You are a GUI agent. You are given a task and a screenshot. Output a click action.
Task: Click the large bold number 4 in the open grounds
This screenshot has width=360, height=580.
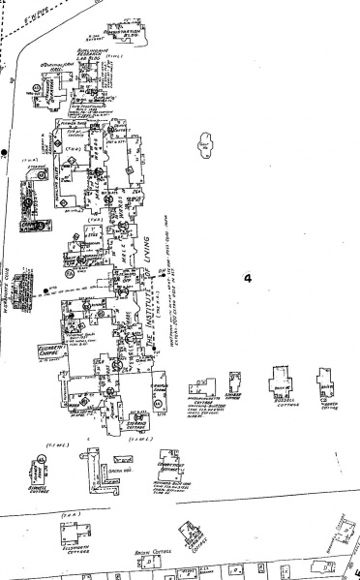[248, 278]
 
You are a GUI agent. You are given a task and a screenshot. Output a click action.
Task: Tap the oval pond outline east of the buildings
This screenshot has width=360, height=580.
[204, 144]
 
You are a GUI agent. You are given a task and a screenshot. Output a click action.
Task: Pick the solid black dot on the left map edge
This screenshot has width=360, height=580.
[5, 153]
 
